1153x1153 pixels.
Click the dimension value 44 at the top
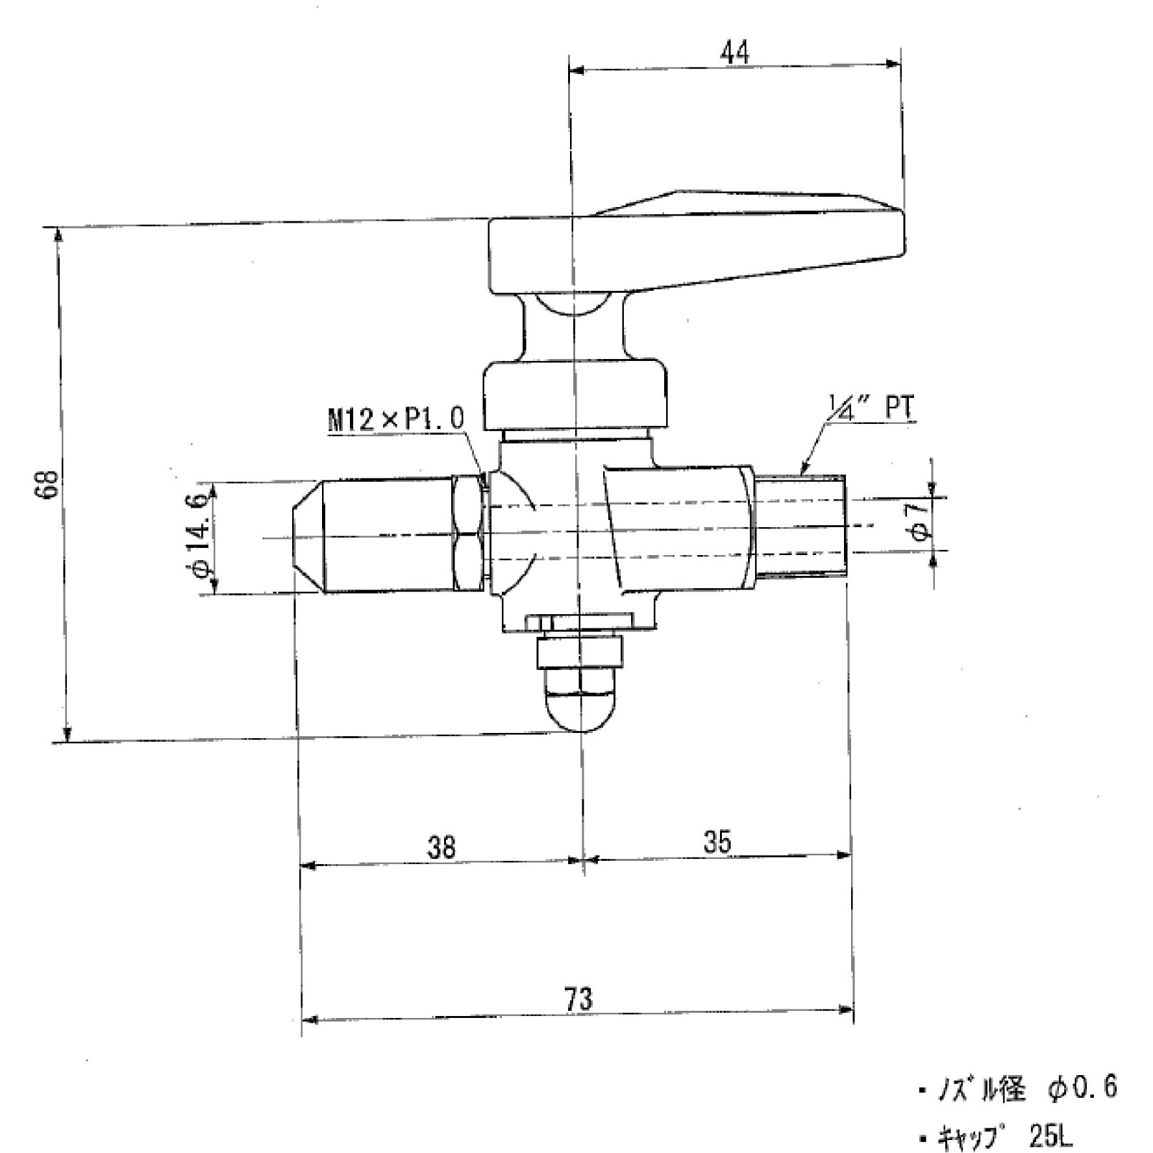tap(734, 52)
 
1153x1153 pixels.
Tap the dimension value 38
tap(441, 847)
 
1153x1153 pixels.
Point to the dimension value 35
tap(717, 842)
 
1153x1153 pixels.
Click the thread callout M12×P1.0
tap(396, 421)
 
